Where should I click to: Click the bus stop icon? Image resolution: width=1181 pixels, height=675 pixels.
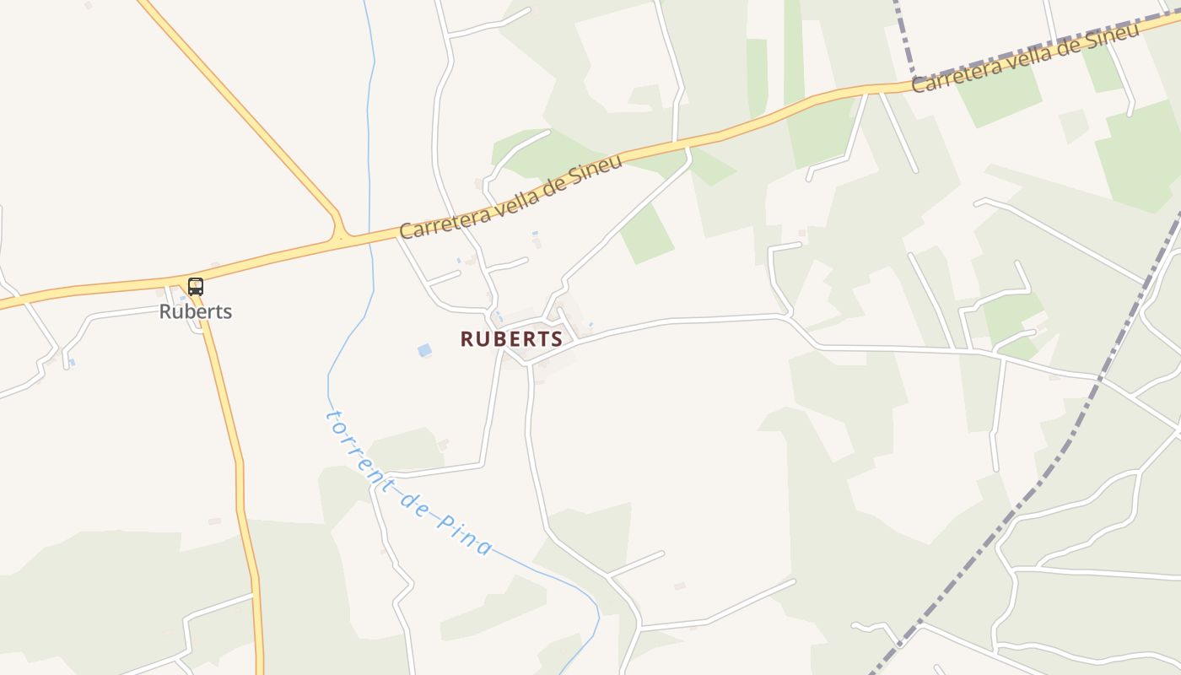(196, 286)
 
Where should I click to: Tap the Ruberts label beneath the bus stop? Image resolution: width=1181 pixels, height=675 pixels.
(196, 311)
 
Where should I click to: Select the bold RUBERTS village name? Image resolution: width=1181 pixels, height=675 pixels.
(511, 339)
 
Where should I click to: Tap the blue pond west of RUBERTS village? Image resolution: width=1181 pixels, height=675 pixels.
(424, 350)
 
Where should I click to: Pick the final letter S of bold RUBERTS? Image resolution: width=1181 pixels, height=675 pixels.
(556, 339)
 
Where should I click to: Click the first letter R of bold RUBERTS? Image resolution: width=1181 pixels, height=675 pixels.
(466, 339)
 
